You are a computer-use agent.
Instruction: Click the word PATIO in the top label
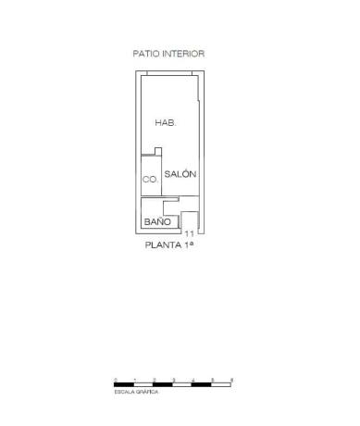click(146, 54)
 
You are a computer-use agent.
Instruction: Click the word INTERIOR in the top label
click(184, 54)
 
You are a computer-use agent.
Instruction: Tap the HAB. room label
click(165, 122)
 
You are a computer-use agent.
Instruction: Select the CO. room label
click(149, 180)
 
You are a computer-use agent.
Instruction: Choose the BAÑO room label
click(156, 222)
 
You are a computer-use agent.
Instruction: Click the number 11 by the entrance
click(190, 234)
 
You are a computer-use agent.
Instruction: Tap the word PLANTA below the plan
click(163, 246)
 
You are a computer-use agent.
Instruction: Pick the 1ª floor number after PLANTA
click(192, 246)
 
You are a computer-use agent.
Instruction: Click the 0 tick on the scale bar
click(115, 380)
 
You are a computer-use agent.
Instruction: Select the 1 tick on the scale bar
click(134, 380)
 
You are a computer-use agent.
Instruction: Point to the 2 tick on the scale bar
click(154, 380)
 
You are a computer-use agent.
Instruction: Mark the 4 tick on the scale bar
click(192, 380)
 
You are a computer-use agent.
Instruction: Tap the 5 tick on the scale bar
click(212, 380)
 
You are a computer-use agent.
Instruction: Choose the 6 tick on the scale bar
click(231, 380)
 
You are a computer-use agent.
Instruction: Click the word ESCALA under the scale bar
click(124, 393)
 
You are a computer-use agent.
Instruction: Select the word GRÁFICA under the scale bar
click(146, 393)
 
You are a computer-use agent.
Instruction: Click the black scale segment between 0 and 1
click(124, 384)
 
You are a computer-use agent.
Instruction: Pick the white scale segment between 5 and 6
click(222, 384)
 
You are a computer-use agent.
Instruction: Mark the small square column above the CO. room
click(158, 151)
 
